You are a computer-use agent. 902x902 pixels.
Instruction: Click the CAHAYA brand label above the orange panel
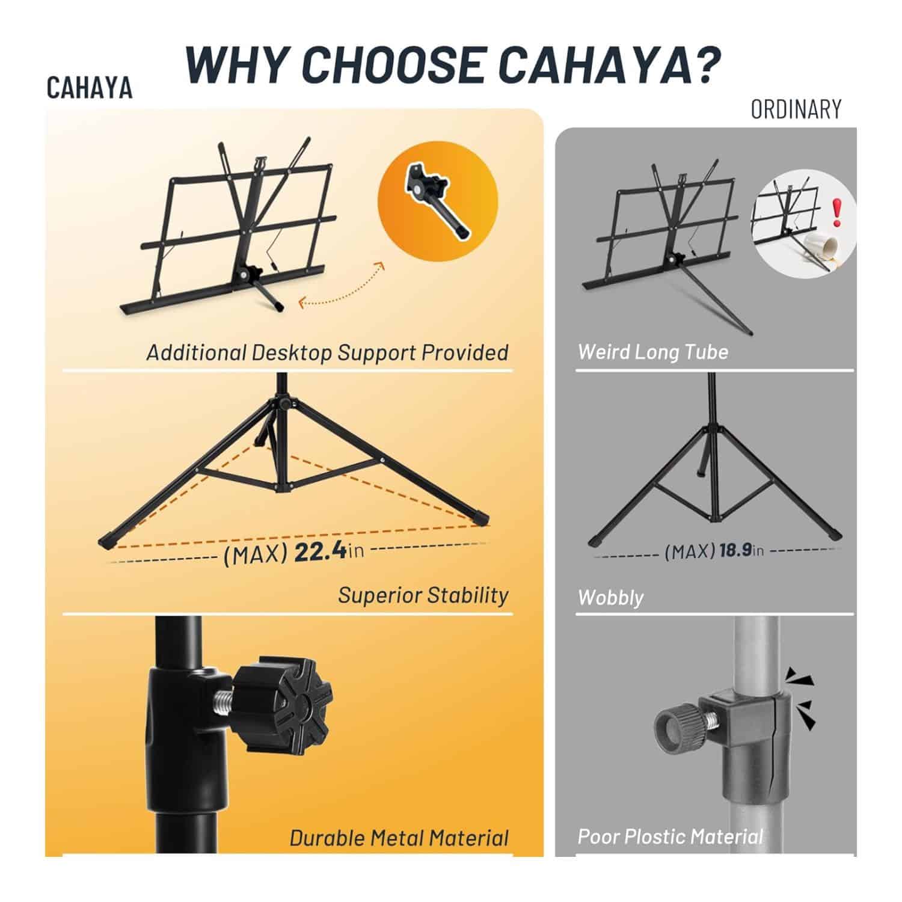[90, 88]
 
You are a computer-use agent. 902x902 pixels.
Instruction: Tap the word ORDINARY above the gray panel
[796, 109]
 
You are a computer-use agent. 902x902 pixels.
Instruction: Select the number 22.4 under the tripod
[321, 551]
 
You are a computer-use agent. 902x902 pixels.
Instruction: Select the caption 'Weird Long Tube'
[653, 351]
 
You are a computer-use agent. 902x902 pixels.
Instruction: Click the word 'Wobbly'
[610, 597]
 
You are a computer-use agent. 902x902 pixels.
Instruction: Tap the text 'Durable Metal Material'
[399, 838]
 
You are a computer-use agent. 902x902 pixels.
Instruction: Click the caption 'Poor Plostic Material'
[670, 836]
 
